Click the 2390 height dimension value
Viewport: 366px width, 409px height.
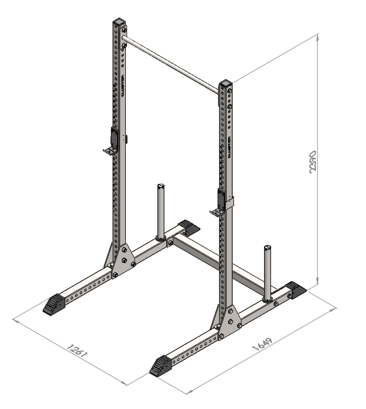pos(312,163)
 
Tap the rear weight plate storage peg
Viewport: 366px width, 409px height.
pos(161,211)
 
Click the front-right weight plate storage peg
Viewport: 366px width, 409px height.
pos(267,272)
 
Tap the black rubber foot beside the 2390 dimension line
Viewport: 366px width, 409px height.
pos(296,290)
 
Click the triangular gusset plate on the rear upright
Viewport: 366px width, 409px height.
pos(114,258)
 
